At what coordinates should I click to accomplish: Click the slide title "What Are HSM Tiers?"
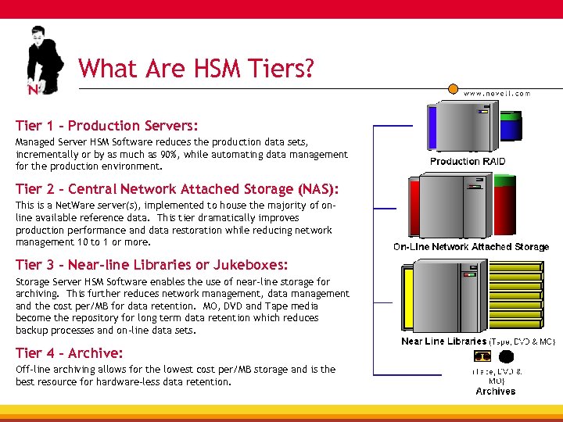point(196,69)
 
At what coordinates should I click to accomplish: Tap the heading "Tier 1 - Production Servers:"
point(107,125)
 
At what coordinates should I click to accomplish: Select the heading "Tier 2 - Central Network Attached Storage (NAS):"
point(177,189)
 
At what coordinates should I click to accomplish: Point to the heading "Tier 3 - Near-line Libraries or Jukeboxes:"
point(152,265)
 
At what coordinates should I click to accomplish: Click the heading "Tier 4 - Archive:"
point(70,353)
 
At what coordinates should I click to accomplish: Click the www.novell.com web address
point(497,93)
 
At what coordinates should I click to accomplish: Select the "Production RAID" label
point(468,162)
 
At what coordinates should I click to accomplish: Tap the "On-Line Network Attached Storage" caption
point(471,247)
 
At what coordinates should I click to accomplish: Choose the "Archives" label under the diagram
point(496,391)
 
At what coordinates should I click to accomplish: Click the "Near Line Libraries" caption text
point(443,342)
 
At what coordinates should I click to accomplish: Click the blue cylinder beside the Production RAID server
point(511,127)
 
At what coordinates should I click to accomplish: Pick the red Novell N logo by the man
point(33,90)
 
